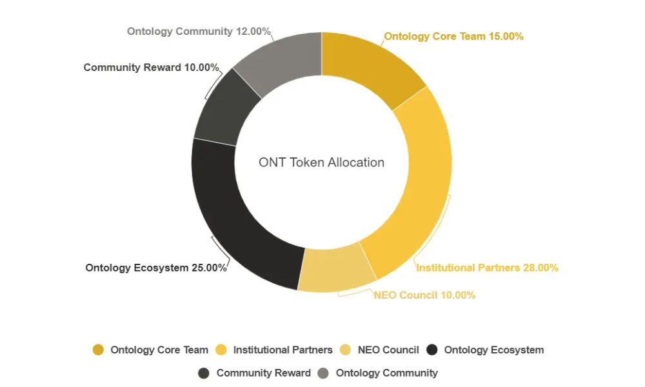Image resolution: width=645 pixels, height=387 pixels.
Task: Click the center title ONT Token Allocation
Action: (321, 163)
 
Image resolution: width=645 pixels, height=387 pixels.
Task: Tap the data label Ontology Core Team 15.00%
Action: (453, 37)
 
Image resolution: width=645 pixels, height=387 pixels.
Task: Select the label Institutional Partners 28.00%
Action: (487, 267)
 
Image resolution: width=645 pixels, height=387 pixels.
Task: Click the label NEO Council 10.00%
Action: (424, 295)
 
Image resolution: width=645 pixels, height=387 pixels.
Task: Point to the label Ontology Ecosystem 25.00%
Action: (155, 267)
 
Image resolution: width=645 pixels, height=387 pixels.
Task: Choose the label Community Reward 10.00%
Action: (151, 67)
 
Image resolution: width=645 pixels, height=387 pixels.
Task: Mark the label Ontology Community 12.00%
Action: (199, 31)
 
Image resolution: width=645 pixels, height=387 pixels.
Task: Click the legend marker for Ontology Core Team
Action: (98, 350)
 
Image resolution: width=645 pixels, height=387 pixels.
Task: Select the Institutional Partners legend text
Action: (283, 350)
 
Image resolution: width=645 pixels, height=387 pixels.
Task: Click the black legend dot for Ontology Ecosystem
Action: (432, 350)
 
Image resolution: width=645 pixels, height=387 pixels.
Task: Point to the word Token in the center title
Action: (308, 163)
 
